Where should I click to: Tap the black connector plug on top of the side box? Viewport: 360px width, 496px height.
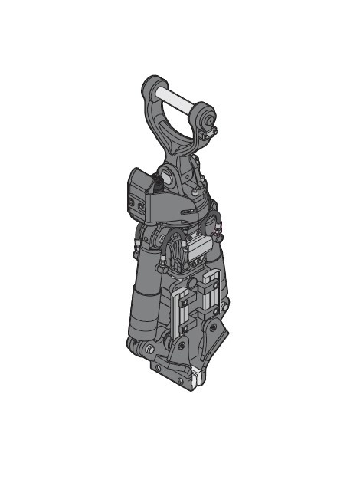coord(156,182)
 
